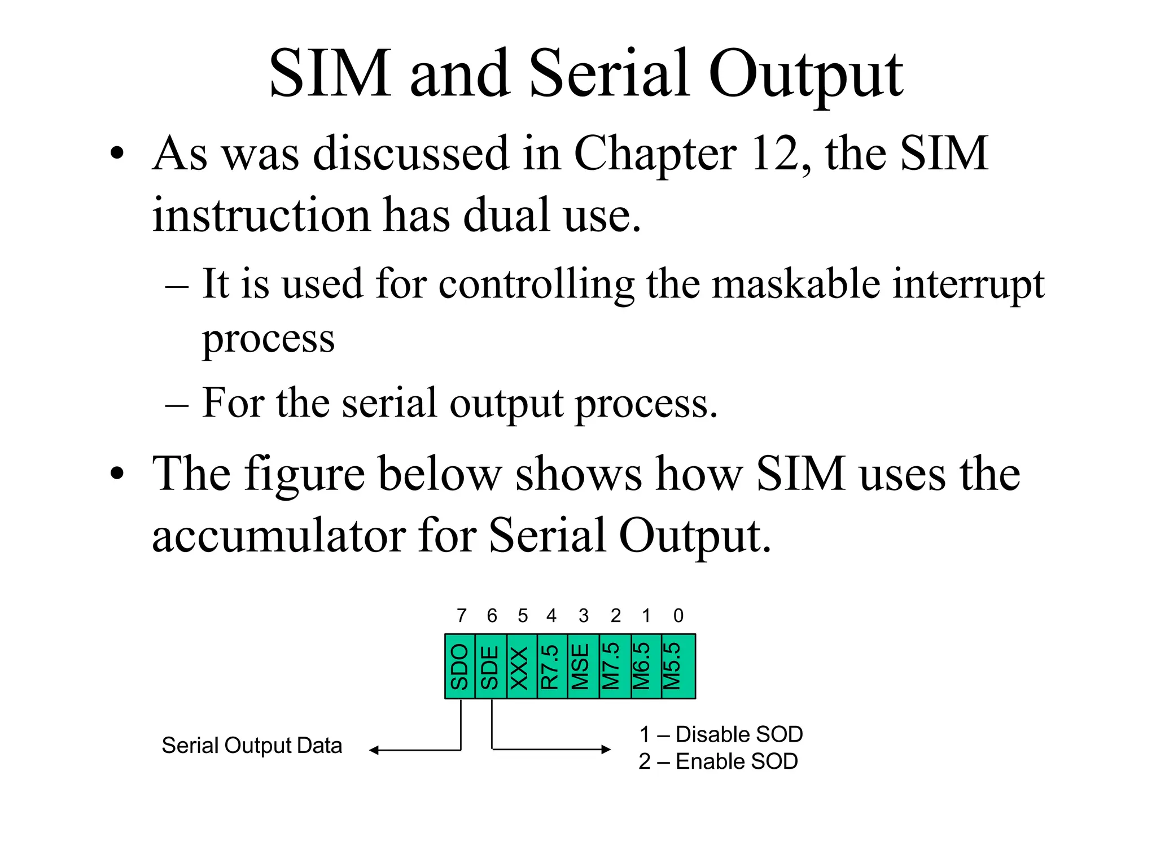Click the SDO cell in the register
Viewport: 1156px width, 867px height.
pos(460,667)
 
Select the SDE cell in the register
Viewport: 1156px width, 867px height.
pos(491,667)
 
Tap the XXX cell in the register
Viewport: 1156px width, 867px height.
pos(522,667)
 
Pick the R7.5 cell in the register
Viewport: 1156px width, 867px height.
pos(551,667)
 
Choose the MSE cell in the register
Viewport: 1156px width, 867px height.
pos(583,667)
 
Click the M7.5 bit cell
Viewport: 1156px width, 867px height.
pos(614,667)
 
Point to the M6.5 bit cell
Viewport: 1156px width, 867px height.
pos(645,667)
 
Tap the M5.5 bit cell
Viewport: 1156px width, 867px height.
pos(677,667)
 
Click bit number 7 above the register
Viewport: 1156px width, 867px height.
pos(462,615)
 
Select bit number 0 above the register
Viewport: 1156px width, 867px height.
pos(678,615)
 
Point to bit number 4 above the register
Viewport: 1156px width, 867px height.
pos(551,615)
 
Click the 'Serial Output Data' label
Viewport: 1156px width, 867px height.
pos(252,746)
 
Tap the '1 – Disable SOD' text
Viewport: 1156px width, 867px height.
pos(721,734)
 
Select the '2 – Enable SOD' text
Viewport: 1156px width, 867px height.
pos(718,761)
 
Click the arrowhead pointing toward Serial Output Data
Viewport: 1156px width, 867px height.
pos(374,750)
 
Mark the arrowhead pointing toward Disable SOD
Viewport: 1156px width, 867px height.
pos(606,750)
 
